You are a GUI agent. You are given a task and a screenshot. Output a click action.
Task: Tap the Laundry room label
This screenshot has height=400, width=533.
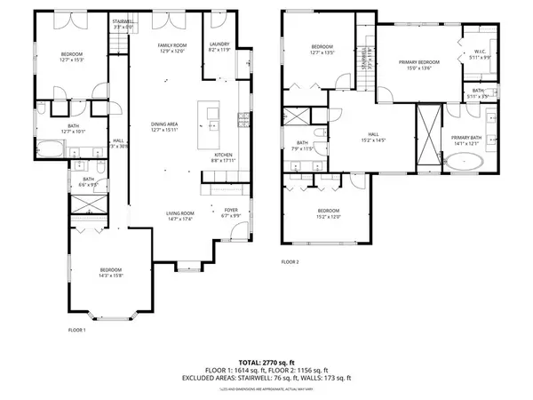[219, 44]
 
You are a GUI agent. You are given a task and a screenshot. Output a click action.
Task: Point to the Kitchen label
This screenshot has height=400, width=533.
[223, 155]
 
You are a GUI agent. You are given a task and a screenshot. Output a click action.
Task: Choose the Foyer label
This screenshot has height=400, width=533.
[231, 210]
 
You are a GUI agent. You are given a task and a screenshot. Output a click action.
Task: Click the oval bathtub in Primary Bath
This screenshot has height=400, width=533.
[465, 163]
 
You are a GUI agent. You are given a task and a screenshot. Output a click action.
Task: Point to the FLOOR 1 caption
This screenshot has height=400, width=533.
[77, 330]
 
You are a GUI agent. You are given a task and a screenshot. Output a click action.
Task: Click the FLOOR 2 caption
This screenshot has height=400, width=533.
[290, 261]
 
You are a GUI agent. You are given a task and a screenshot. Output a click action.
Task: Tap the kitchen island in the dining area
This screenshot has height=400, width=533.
[211, 112]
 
